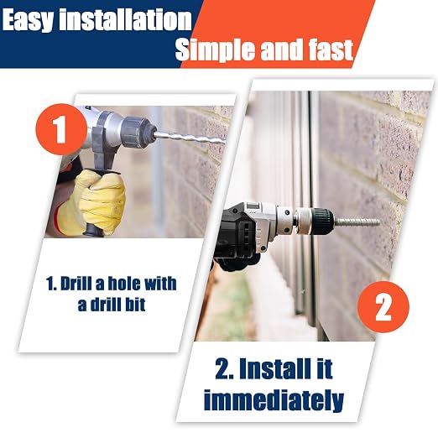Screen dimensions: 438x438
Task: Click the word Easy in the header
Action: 28,19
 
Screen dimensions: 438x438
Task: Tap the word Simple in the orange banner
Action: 215,50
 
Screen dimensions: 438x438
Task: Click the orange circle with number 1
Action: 61,129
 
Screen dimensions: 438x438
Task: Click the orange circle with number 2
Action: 383,307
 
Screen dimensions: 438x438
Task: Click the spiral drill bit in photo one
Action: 190,138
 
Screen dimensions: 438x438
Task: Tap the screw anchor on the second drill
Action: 357,222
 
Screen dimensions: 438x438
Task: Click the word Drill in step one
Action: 76,284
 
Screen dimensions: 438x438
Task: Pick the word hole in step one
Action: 123,284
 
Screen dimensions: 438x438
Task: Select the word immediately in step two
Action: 274,400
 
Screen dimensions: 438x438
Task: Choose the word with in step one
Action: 160,284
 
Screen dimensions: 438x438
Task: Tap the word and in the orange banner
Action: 281,50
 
